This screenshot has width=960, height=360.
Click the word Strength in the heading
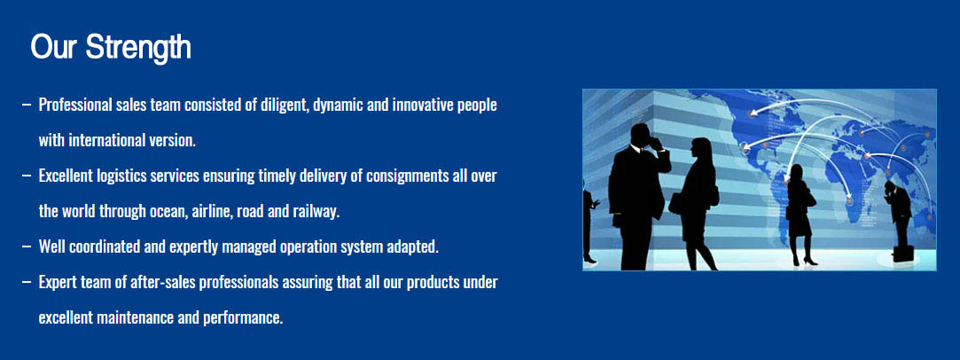138,47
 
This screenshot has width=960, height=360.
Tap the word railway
316,212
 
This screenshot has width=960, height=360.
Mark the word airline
212,212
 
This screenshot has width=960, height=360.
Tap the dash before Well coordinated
27,247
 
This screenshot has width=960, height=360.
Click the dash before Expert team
27,282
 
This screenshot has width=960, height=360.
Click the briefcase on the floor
903,253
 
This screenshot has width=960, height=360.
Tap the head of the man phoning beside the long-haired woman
640,135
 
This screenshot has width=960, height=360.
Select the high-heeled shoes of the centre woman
803,260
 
